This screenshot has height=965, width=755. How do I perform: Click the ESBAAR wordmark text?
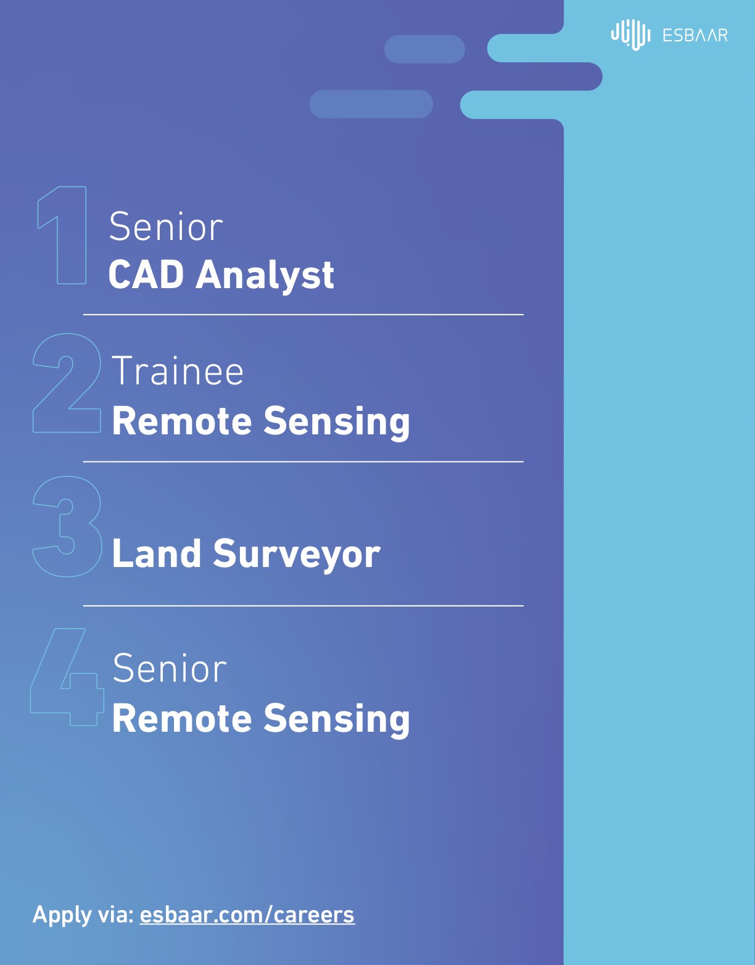tap(695, 35)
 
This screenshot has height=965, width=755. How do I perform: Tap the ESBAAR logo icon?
tap(631, 35)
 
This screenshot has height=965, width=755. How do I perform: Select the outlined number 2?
tap(67, 383)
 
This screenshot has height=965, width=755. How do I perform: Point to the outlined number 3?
tap(67, 527)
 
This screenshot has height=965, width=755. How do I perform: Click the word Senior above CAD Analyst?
tap(165, 227)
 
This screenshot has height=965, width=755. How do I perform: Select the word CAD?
tap(146, 275)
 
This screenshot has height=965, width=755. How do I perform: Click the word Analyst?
tap(265, 276)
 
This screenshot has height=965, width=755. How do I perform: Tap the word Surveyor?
tap(297, 555)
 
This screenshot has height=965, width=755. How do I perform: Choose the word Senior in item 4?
tap(170, 668)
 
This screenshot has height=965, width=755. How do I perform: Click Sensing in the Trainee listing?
tap(337, 422)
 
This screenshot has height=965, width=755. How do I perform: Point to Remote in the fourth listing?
tap(182, 719)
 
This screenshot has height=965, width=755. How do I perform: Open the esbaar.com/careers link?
tap(247, 915)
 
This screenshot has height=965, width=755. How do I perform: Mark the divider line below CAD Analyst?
tap(303, 315)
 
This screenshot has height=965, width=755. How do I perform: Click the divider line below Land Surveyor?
tap(303, 605)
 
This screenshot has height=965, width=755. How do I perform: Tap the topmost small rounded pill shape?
tap(425, 49)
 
